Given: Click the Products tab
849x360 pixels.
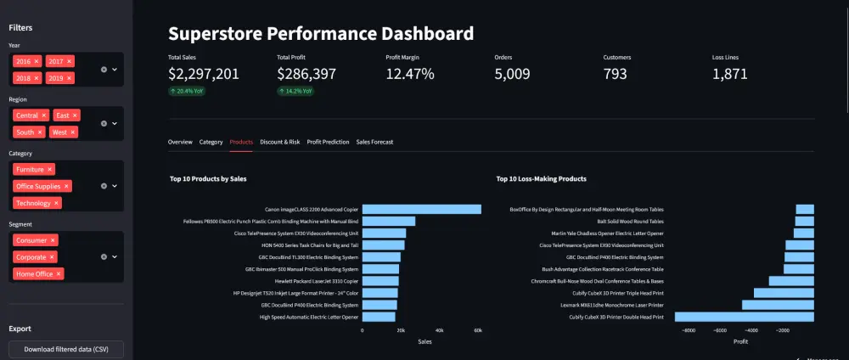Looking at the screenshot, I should coord(241,142).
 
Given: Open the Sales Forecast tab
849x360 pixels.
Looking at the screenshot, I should coord(374,142).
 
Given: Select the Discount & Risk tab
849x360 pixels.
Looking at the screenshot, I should coord(280,142).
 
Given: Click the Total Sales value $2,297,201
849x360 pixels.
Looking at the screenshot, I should coord(204,74).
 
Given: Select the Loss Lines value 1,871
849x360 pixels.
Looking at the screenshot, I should coord(730,74).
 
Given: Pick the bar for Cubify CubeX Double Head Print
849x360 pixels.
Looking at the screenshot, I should coord(745,317).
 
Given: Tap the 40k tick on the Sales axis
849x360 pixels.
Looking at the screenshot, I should coord(439,330).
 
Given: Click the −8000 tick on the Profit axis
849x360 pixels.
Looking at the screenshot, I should coord(688,330).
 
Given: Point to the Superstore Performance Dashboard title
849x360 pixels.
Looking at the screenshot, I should coord(321,34).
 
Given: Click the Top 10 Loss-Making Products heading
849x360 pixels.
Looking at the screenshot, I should coord(541,179).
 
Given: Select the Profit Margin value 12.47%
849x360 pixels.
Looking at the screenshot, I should coord(410,74).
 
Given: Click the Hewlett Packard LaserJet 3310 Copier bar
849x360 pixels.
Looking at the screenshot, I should coord(380,281).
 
